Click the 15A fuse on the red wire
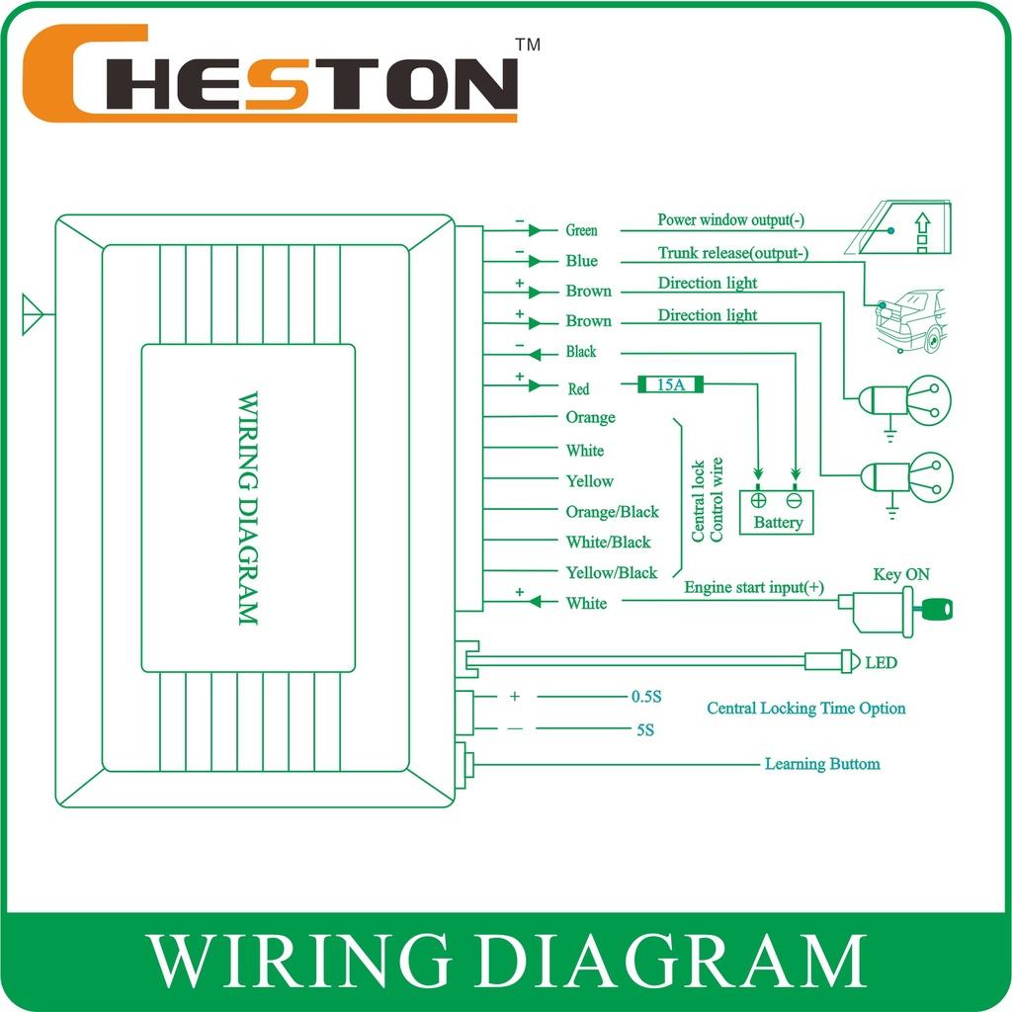coord(672,384)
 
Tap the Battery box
coord(776,512)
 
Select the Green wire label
coord(581,230)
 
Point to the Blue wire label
coord(581,261)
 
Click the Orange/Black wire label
coord(612,512)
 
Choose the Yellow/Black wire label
coord(611,572)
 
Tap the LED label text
coord(881,662)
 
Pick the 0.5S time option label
coord(645,697)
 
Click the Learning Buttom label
coord(821,764)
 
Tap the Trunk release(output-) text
coord(732,253)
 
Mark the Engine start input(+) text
coord(753,588)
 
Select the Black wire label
coord(581,352)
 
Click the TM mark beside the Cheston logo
coord(529,44)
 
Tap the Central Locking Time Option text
coord(805,709)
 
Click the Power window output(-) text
coord(730,219)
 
